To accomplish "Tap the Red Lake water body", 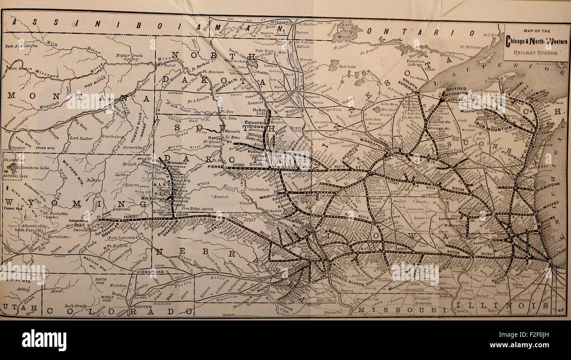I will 347,66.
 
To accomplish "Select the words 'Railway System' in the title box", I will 536,52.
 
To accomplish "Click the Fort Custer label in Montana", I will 80,138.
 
